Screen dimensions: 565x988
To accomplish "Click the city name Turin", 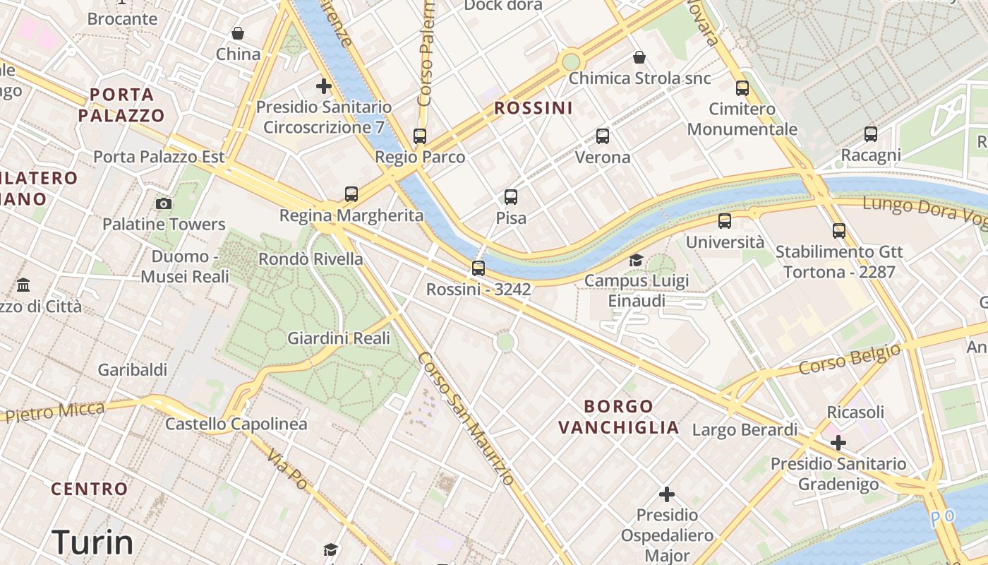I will [x=92, y=542].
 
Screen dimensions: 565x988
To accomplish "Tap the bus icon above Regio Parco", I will [x=420, y=136].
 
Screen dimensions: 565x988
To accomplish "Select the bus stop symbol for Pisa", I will [x=511, y=197].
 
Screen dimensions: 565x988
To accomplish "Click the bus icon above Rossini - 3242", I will [x=478, y=268].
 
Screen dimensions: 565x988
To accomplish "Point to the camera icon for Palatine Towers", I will [x=164, y=203].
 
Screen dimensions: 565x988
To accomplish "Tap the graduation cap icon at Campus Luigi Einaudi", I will [x=637, y=260].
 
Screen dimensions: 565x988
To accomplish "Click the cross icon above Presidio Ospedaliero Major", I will [x=667, y=494].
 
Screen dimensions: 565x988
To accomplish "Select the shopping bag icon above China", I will [x=238, y=33].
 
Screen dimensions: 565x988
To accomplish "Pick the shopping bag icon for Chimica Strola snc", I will [x=639, y=57].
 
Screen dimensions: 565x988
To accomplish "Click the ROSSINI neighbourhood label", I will [x=534, y=108].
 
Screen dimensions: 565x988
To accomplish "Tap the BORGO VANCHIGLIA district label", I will [x=619, y=417].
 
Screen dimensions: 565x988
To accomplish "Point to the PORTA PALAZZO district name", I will [x=121, y=105].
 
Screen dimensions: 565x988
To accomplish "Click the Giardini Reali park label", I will [x=339, y=338].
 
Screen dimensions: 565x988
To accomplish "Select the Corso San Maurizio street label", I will [x=465, y=418].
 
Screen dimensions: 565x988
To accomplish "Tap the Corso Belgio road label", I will [x=850, y=359].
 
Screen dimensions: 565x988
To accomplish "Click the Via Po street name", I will [x=288, y=468].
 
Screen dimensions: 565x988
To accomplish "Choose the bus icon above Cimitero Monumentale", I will [x=742, y=88].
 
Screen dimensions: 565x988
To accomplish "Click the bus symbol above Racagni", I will [x=871, y=133].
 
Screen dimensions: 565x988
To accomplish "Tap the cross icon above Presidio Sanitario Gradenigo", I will [x=838, y=443].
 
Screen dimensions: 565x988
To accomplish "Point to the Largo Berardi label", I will [x=745, y=429].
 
